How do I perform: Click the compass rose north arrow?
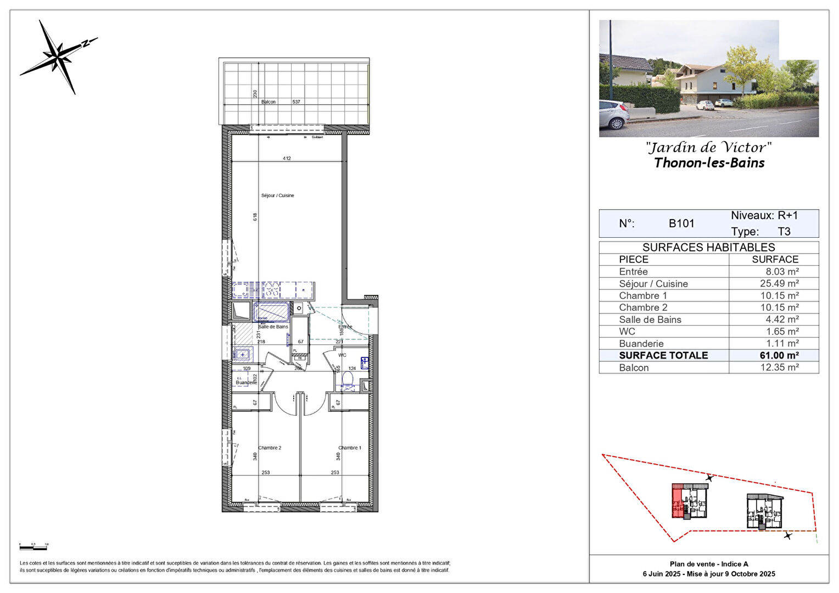click(58, 55)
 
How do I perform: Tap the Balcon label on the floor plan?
click(269, 102)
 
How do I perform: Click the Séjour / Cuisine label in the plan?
click(277, 195)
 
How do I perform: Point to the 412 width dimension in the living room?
click(287, 158)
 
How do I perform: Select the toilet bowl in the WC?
click(348, 379)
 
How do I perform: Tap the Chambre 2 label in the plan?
click(270, 448)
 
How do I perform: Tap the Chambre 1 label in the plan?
click(350, 448)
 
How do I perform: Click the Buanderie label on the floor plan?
click(246, 382)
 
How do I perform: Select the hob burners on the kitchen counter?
click(272, 290)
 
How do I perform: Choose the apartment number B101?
click(681, 223)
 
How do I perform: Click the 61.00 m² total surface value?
click(779, 356)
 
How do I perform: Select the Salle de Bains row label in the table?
click(650, 320)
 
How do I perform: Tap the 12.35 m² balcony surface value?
click(779, 368)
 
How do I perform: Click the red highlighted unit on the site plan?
click(678, 500)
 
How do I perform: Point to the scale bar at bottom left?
click(33, 547)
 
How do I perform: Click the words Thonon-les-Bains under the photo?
click(709, 163)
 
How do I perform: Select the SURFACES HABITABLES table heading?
click(708, 248)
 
